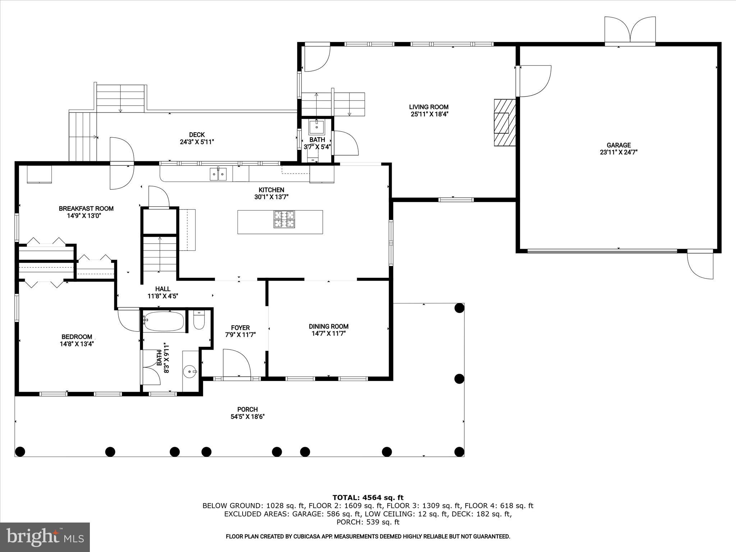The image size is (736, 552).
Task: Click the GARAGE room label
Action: point(618,145)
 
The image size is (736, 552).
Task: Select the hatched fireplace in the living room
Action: point(505,123)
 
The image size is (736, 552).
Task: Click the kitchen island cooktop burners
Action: point(284,220)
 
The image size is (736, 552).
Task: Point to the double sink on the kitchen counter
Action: point(218,174)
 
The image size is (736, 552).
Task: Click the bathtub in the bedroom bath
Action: point(164,321)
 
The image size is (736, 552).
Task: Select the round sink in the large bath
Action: point(190,371)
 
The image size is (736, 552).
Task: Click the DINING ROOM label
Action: point(328,326)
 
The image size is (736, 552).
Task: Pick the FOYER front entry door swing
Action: point(236,363)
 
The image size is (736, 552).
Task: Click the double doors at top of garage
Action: point(630,31)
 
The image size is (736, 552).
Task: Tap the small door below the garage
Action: point(700,266)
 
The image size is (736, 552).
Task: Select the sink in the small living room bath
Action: point(317,127)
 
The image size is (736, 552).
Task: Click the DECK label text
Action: point(197,135)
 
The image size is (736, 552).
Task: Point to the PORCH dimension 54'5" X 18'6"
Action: point(248,417)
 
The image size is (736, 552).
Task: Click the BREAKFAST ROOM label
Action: point(86,208)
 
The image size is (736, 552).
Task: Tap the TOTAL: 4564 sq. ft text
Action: point(368,497)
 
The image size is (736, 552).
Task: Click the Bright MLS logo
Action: point(45,537)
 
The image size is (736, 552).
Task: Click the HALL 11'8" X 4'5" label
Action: point(163,293)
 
